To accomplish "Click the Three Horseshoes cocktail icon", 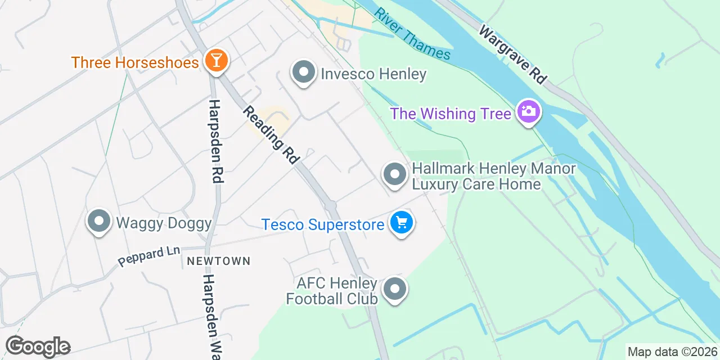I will click(215, 60).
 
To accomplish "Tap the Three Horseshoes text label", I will click(135, 62).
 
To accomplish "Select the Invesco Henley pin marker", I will click(304, 73).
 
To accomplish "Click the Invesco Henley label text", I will click(373, 74).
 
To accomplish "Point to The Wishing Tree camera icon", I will click(528, 111).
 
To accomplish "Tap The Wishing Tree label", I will click(451, 114).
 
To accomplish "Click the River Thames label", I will click(413, 34).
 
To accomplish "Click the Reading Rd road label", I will click(271, 135).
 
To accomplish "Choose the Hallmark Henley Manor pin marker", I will click(395, 174).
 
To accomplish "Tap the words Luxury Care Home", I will click(476, 184).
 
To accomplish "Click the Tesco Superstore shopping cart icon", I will click(402, 223).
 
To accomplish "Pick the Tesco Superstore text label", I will click(323, 225).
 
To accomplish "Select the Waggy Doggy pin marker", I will click(99, 221).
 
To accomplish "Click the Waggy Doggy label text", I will click(164, 223).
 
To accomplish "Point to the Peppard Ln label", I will click(148, 256).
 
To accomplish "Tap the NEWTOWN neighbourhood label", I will click(218, 262).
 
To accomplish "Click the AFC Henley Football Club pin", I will click(395, 290).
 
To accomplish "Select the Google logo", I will click(38, 347).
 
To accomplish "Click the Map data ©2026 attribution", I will click(673, 352).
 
